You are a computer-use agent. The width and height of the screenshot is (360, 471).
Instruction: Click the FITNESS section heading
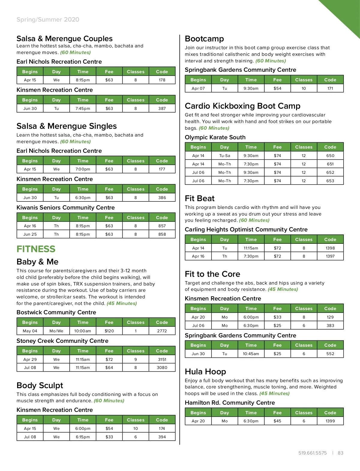[x=36, y=249]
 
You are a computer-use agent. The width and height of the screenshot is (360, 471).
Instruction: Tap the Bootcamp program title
[x=204, y=39]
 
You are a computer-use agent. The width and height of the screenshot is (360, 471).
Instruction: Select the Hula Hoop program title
[x=205, y=372]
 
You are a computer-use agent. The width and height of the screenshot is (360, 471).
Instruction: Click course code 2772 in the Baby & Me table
[x=162, y=331]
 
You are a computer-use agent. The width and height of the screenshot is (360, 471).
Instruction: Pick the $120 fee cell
[x=109, y=331]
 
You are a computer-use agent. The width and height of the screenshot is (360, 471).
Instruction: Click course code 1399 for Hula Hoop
[x=330, y=421]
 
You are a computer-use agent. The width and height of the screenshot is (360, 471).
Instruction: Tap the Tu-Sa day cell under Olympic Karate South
[x=224, y=155]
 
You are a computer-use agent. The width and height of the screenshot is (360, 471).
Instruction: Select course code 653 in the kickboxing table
[x=330, y=181]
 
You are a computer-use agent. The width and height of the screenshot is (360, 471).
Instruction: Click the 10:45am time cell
[x=251, y=354]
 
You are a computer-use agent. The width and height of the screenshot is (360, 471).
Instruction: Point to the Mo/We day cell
[x=56, y=331]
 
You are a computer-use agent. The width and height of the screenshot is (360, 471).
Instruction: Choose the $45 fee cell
[x=277, y=421]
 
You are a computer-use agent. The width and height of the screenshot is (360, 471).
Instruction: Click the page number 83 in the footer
[x=340, y=453]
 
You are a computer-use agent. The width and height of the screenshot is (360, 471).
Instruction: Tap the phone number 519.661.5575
[x=312, y=453]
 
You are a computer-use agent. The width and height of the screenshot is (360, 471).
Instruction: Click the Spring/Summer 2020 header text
[x=48, y=20]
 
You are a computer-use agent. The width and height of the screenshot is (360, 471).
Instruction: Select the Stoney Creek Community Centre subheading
[x=62, y=341]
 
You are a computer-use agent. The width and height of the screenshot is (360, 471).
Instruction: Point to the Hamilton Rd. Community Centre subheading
[x=230, y=403]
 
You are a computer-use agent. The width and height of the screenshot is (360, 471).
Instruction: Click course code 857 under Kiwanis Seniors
[x=162, y=226]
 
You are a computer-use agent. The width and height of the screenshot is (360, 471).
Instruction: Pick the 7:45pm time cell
[x=83, y=108]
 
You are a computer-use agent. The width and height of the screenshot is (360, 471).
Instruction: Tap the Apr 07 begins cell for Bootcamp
[x=198, y=88]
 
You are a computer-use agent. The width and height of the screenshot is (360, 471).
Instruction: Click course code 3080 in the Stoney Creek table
[x=162, y=367]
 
